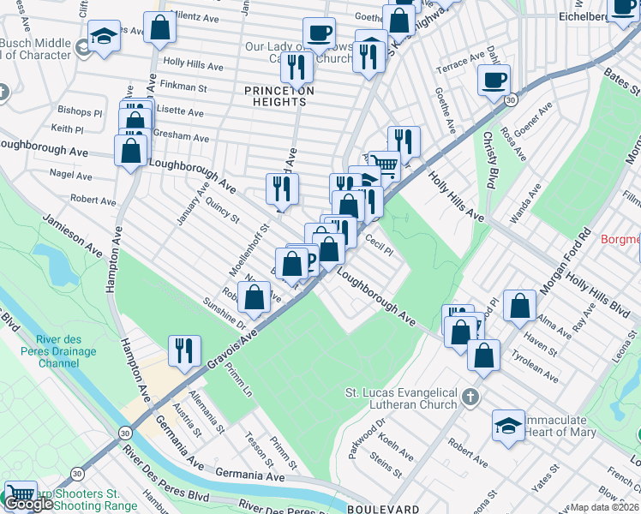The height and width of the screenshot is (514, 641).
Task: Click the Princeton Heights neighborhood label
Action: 279,96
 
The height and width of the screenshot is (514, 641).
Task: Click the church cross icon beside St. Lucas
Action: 469,397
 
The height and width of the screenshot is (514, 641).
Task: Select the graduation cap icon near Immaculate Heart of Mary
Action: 508,426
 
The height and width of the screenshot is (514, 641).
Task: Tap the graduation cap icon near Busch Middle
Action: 103,37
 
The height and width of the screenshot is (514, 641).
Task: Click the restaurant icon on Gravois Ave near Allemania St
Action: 184,350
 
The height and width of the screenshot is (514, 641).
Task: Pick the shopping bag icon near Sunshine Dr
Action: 254,298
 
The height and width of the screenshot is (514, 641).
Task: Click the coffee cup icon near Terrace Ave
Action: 494,81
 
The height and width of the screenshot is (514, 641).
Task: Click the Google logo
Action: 28,504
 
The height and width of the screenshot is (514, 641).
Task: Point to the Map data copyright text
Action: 604,507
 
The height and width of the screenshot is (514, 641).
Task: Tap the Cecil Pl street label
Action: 378,246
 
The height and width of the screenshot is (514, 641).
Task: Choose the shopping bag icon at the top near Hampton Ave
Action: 159,27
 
